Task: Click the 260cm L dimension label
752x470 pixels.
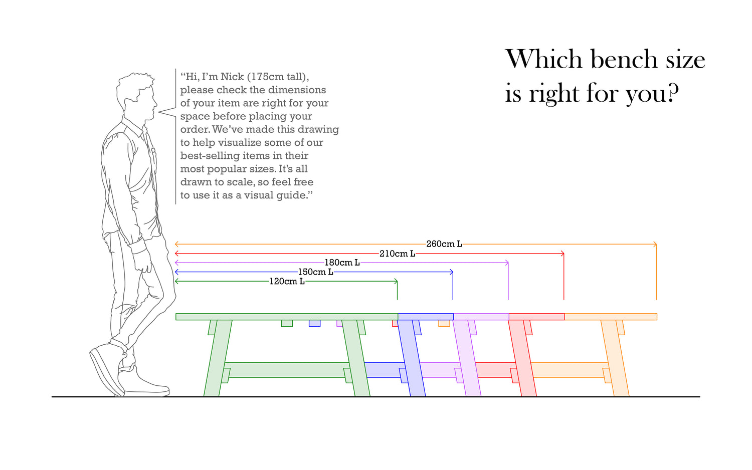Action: (x=444, y=244)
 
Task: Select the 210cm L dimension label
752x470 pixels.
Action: (x=397, y=254)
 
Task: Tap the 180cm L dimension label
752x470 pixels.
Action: (x=342, y=263)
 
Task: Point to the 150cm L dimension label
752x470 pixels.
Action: (x=315, y=272)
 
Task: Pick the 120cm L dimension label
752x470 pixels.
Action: (x=287, y=281)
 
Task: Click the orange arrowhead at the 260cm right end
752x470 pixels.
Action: (x=655, y=244)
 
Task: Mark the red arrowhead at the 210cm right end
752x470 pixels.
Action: (x=562, y=254)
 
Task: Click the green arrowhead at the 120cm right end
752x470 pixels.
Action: (x=396, y=281)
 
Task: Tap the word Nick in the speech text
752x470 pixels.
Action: (x=232, y=77)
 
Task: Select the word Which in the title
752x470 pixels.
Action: (x=544, y=59)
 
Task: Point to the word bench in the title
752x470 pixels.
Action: (x=624, y=59)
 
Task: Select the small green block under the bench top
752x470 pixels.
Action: (x=287, y=323)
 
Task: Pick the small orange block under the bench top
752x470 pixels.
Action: (x=444, y=323)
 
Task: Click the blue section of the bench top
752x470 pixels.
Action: (x=425, y=317)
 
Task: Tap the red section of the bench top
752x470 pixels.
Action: (x=536, y=317)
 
